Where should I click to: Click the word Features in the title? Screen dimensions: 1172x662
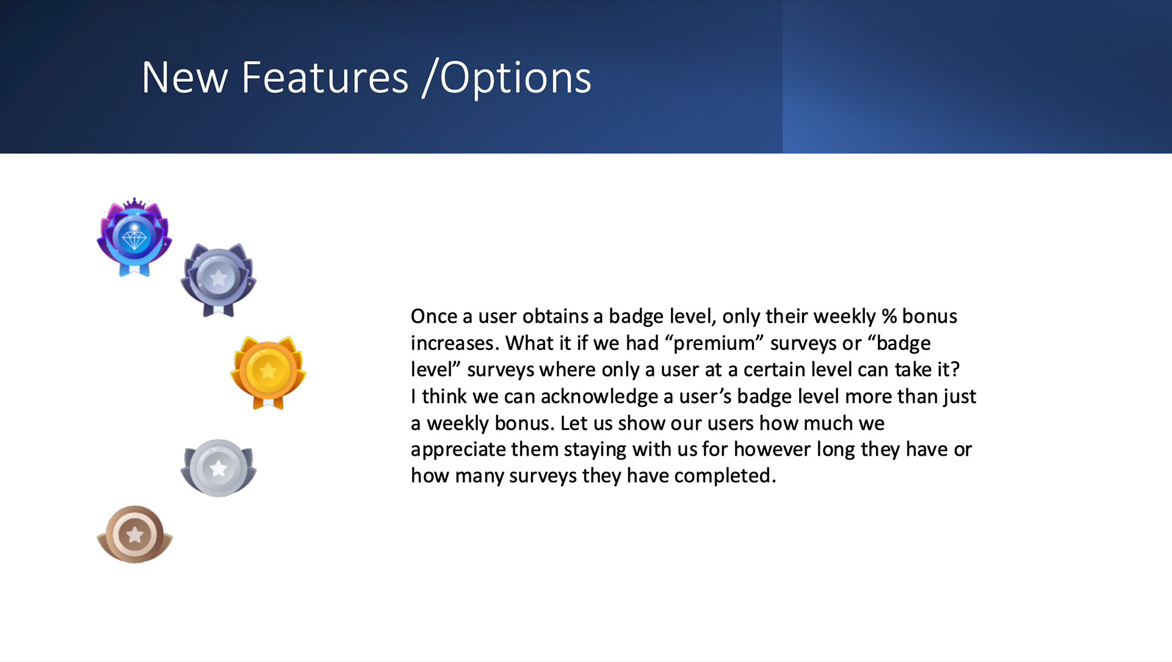[x=325, y=78]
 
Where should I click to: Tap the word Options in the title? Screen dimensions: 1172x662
[x=516, y=79]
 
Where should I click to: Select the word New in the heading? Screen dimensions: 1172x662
[x=185, y=78]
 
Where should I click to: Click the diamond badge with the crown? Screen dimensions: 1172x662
[x=134, y=237]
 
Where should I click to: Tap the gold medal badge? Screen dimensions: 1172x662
[x=268, y=372]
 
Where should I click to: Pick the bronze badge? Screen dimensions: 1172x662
[x=135, y=534]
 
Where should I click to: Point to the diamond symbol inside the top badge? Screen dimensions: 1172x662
[x=134, y=238]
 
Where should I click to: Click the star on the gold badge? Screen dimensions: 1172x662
[x=268, y=371]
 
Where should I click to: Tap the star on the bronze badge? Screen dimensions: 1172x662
[x=135, y=535]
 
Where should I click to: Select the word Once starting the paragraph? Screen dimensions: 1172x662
[x=434, y=316]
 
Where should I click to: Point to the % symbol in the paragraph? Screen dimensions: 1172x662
[x=889, y=316]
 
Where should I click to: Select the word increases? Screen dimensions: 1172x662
[x=454, y=343]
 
